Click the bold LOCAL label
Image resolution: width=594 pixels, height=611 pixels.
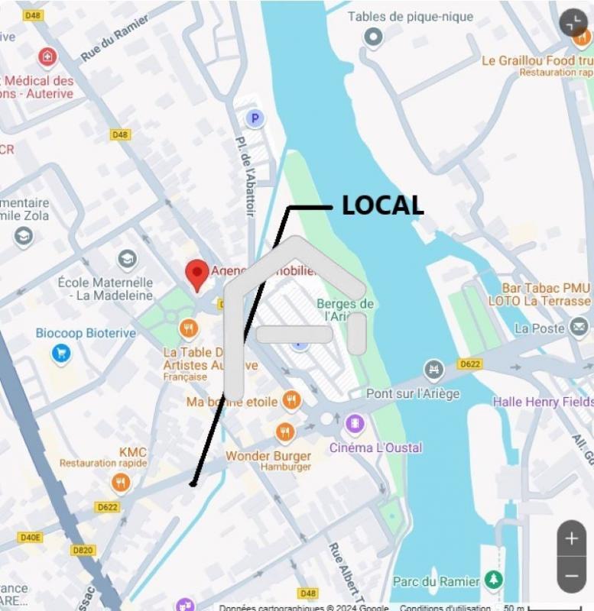pos(382,205)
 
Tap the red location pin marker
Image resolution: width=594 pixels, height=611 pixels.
pos(197,274)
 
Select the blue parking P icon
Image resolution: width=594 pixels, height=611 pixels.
pos(255,118)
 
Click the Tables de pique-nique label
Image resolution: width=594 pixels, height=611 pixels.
pos(411,17)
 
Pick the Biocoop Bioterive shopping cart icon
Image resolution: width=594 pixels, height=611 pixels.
pos(61,353)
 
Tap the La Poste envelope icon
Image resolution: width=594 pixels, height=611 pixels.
pos(579,328)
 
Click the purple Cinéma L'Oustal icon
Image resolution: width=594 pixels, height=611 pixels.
pos(354,423)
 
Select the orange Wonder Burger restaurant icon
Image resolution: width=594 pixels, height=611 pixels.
pos(285,433)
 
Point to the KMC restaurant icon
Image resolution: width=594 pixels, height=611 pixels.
pos(120,483)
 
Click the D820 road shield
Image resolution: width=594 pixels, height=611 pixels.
pos(83,550)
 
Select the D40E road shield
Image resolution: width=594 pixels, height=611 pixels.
pos(30,537)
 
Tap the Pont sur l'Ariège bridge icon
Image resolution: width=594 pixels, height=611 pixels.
pos(434,370)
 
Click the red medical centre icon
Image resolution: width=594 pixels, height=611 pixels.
pos(47,57)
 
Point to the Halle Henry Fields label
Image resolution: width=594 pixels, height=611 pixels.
pos(543,402)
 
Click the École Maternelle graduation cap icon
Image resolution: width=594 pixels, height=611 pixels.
pos(127,260)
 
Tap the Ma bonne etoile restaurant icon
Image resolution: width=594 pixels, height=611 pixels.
pos(291,399)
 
